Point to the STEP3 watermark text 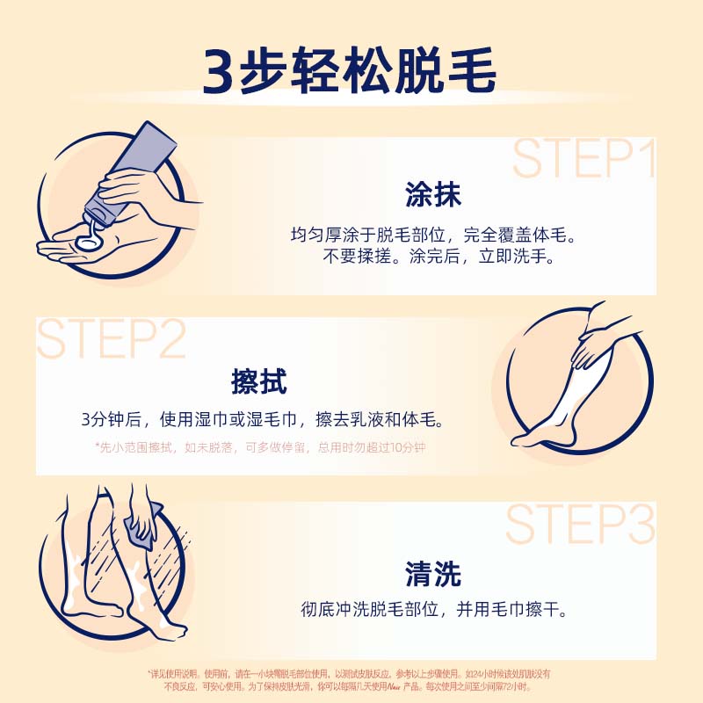click(x=580, y=525)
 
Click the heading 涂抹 click(x=433, y=194)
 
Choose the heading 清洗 click(x=433, y=574)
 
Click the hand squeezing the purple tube click(x=132, y=189)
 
